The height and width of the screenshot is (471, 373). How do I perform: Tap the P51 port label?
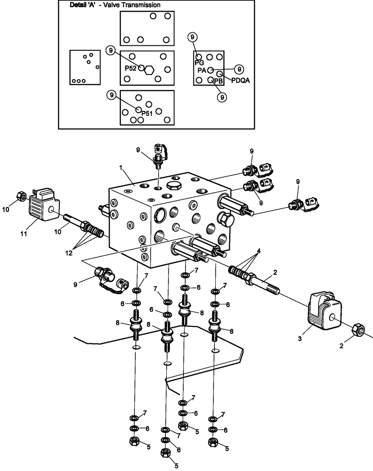(x=147, y=113)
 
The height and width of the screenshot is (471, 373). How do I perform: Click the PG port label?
(x=199, y=62)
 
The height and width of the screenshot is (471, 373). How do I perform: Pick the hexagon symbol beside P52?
(x=150, y=70)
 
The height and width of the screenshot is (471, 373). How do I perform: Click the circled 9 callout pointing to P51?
(x=111, y=95)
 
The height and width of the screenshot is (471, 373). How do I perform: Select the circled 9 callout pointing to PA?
(x=239, y=69)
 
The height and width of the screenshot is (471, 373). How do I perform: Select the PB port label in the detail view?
(x=218, y=81)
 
